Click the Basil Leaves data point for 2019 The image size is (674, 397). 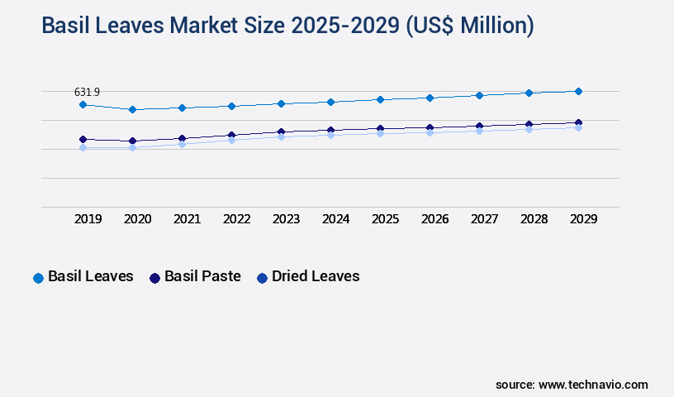click(83, 105)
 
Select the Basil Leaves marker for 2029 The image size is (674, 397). click(578, 91)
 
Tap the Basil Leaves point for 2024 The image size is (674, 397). click(330, 102)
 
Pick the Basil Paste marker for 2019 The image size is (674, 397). click(83, 139)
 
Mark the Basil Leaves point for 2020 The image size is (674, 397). click(132, 109)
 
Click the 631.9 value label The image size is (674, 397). click(87, 92)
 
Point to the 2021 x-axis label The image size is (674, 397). click(187, 219)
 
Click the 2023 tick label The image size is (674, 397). click(286, 219)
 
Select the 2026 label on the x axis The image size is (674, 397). click(434, 219)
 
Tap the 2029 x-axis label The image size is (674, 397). click(583, 219)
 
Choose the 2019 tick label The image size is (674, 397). click(88, 219)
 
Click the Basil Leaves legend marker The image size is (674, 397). click(38, 278)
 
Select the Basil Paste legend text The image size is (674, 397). click(202, 276)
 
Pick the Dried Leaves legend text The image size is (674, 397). click(316, 276)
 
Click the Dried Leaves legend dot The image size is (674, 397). click(262, 278)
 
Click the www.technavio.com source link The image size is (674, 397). click(593, 385)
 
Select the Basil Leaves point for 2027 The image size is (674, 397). click(479, 95)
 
